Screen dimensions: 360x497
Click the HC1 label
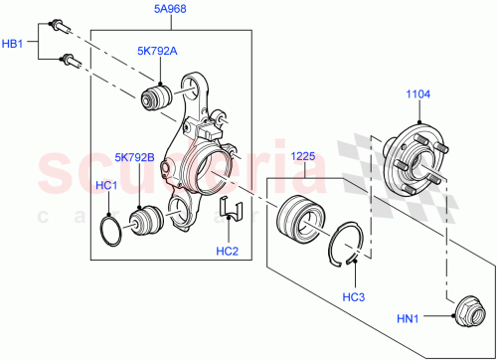tap(106, 186)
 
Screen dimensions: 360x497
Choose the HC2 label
tap(229, 250)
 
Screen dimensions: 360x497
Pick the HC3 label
tap(353, 296)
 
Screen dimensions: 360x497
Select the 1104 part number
tap(416, 95)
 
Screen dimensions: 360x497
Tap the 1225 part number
tap(303, 156)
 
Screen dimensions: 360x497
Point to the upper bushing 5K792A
tap(157, 99)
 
